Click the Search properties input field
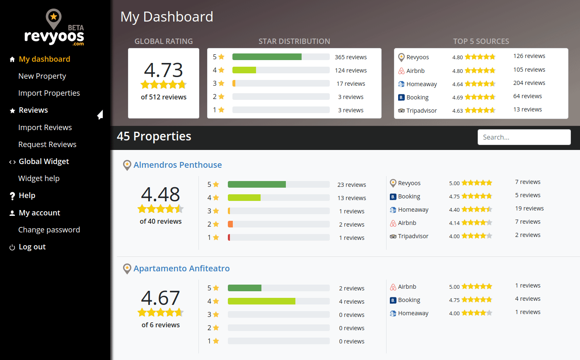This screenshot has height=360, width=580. (524, 137)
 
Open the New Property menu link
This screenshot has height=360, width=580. (42, 76)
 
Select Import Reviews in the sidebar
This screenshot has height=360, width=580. (45, 128)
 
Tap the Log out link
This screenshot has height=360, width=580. (32, 247)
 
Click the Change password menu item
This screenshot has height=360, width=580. (49, 230)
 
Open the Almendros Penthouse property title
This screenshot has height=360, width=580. (177, 165)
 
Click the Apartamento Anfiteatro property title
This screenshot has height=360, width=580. (181, 268)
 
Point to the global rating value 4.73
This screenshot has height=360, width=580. (163, 70)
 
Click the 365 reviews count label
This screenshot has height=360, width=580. (350, 57)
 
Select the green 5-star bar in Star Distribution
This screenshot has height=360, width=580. (267, 57)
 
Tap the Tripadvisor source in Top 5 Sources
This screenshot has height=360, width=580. (421, 111)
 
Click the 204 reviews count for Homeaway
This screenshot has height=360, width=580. (529, 83)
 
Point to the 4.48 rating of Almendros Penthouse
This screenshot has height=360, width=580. (160, 194)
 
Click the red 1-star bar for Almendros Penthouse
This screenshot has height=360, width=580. (229, 238)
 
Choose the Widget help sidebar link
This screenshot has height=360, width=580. (39, 179)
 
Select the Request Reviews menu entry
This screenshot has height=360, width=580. (47, 145)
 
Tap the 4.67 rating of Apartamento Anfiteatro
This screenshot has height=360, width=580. (160, 298)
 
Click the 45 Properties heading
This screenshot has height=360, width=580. (154, 136)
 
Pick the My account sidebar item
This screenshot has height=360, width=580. (39, 213)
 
